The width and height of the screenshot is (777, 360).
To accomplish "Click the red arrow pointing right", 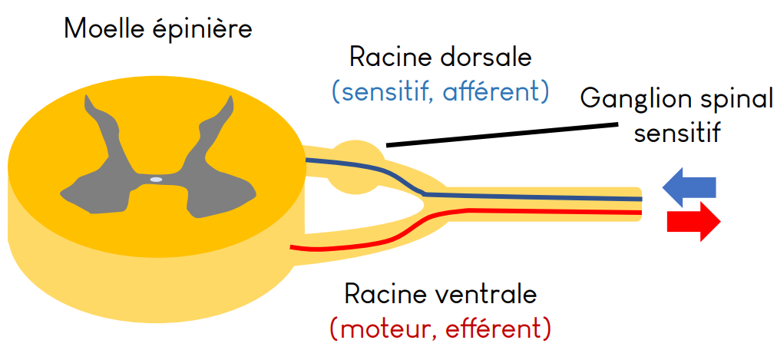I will click(693, 222).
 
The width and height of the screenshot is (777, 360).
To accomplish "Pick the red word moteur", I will click(377, 329).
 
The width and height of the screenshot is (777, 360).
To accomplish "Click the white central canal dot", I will click(156, 180).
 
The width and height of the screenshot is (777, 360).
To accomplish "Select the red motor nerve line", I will click(537, 211).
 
